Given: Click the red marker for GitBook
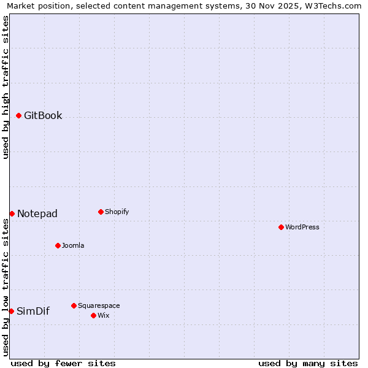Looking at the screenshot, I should pyautogui.click(x=19, y=115).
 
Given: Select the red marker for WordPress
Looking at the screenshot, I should pyautogui.click(x=281, y=227).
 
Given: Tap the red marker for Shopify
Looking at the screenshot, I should pyautogui.click(x=101, y=212).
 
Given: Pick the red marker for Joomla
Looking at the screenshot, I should pyautogui.click(x=58, y=245).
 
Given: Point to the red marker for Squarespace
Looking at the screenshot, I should pyautogui.click(x=74, y=305).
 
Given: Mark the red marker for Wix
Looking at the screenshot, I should pyautogui.click(x=93, y=315).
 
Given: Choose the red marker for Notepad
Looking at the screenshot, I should pyautogui.click(x=12, y=213).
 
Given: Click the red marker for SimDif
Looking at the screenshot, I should pyautogui.click(x=11, y=311).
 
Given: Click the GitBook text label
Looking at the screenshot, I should pyautogui.click(x=43, y=115).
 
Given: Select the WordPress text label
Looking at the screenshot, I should pyautogui.click(x=302, y=227).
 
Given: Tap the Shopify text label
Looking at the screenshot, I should pyautogui.click(x=117, y=212).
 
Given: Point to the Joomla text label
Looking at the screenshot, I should pyautogui.click(x=73, y=245).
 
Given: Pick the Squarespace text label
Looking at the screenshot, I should pyautogui.click(x=99, y=305).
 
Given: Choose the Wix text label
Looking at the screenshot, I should pyautogui.click(x=104, y=315).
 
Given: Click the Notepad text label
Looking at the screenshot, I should pyautogui.click(x=37, y=213).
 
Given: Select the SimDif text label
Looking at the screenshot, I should pyautogui.click(x=33, y=311).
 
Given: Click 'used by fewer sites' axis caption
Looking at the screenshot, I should pyautogui.click(x=63, y=363).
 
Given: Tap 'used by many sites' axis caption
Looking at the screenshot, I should pyautogui.click(x=308, y=363).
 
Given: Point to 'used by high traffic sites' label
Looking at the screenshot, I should pyautogui.click(x=6, y=87).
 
